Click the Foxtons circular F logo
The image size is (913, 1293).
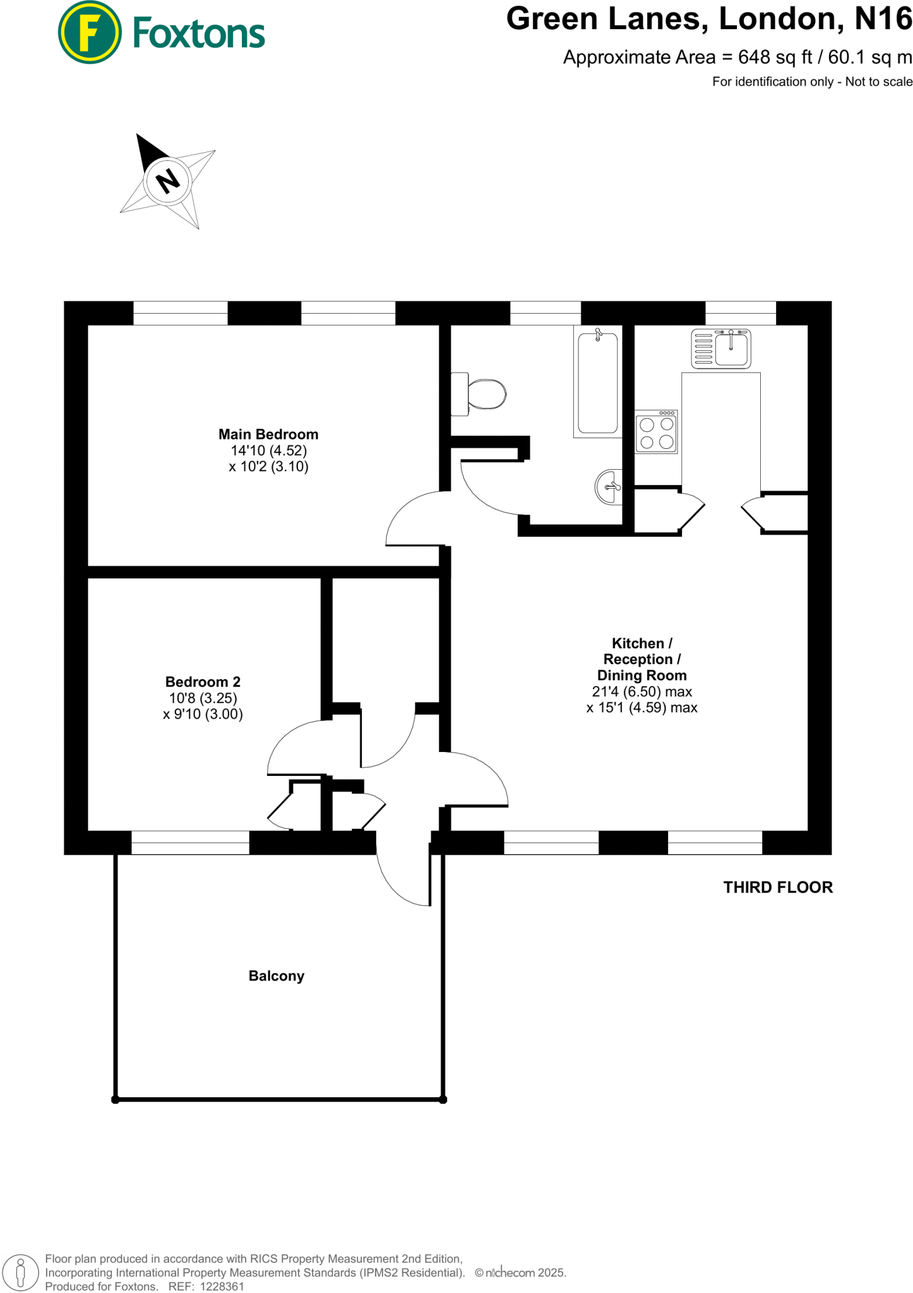pos(89,32)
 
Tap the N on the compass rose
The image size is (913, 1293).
pos(167,181)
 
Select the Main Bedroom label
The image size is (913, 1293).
pos(268,434)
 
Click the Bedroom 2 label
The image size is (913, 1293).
pos(203,682)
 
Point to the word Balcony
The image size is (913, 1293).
pos(277,976)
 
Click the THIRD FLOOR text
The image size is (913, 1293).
pos(778,888)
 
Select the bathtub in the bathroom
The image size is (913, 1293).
pos(598,383)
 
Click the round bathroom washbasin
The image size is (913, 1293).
pos(609,487)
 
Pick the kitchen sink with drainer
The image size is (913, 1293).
pos(721,348)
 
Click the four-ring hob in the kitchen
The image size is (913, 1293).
pos(657,432)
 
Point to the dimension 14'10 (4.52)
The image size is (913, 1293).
pos(268,451)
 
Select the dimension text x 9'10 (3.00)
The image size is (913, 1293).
pos(203,714)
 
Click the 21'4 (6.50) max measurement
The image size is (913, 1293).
pos(641,691)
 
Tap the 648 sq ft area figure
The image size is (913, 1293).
pos(775,57)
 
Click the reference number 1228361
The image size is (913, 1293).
pos(222,1287)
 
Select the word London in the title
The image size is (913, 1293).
pos(780,19)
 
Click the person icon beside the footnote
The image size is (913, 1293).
pos(20,1273)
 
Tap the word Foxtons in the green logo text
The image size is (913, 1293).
pos(199,33)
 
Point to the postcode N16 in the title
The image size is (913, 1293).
pos(883,19)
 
